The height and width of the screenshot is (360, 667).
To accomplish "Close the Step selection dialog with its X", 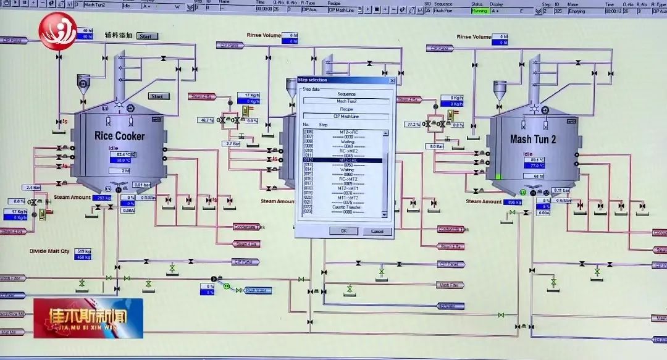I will pos(392,80).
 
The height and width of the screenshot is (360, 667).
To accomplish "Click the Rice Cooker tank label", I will pos(120,136).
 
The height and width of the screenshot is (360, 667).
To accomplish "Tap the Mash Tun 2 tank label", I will pos(533,140).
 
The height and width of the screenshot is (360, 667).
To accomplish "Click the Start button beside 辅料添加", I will pos(147,36).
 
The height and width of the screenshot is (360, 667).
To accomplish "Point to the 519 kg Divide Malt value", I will pos(83,251).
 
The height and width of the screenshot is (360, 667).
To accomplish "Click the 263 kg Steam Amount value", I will pos(102,198).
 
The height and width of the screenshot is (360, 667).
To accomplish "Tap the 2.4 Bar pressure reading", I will pos(33,187).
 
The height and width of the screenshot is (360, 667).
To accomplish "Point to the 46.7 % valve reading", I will pos(206,120).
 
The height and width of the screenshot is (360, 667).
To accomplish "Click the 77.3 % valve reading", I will pos(412,124).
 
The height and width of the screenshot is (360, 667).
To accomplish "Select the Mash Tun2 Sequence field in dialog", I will pos(346,101).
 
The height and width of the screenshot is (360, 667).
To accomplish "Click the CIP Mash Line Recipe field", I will pos(346,115).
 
